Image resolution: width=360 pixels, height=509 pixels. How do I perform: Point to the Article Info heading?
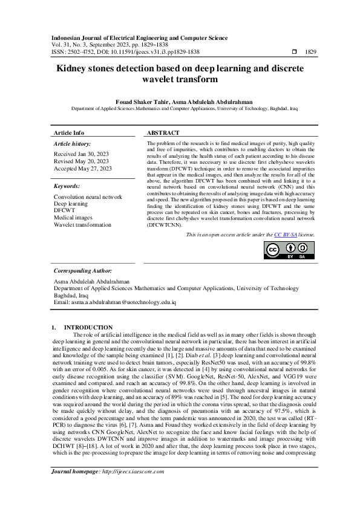(x=69, y=132)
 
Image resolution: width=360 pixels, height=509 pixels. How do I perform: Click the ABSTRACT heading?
(x=163, y=132)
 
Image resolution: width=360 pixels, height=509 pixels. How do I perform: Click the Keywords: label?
(x=67, y=186)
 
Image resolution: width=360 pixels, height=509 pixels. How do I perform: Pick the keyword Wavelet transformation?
(x=82, y=225)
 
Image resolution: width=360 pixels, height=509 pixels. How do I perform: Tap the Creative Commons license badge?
(x=289, y=250)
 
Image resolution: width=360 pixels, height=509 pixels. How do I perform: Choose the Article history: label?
(x=72, y=144)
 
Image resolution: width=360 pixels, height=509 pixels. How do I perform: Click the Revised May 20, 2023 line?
(x=81, y=161)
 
